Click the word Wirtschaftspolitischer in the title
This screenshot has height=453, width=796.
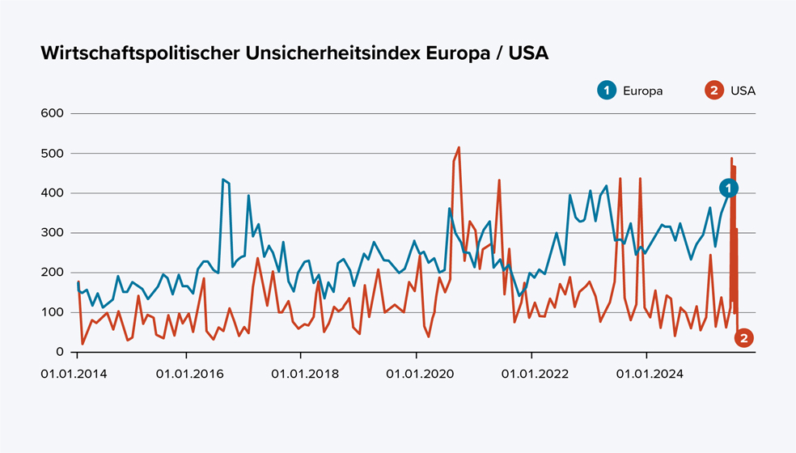[138, 54]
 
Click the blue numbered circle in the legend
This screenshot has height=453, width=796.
[605, 91]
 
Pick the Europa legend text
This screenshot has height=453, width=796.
[642, 91]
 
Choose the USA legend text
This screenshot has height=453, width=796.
[743, 91]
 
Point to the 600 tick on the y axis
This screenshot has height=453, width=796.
[52, 113]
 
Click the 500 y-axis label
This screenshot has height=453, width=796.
[52, 153]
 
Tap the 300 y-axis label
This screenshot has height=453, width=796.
[52, 233]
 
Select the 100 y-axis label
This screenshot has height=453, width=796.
[52, 312]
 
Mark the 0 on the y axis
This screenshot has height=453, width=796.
[59, 352]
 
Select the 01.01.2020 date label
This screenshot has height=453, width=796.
[417, 375]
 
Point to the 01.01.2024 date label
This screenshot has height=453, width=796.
[647, 375]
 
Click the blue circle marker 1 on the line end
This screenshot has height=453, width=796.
[729, 188]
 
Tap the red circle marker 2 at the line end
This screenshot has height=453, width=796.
[744, 338]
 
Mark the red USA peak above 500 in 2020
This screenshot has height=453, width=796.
[459, 148]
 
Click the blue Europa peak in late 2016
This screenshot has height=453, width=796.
[223, 180]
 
